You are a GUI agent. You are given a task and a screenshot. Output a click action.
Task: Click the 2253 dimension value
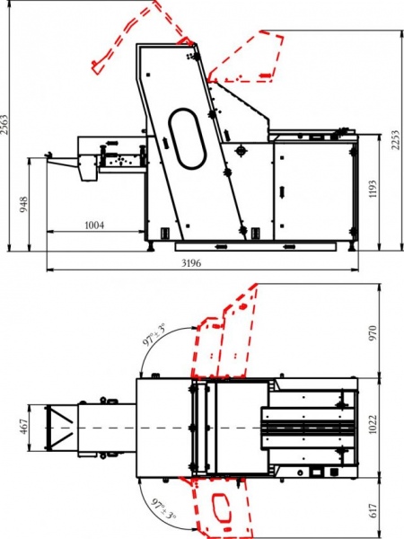(395, 140)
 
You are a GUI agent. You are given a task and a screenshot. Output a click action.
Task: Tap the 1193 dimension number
(373, 189)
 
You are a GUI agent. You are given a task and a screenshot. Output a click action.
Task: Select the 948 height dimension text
(23, 204)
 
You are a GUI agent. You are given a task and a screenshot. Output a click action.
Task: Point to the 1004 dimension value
(94, 225)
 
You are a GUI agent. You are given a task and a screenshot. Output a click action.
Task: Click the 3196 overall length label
(191, 263)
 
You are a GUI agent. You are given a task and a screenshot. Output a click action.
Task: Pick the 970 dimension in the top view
(373, 332)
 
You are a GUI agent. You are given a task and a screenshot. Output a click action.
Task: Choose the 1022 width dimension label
(373, 424)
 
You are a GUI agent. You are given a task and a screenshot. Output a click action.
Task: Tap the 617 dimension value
(373, 510)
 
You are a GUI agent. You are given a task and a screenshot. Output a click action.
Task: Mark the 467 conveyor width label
(23, 426)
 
